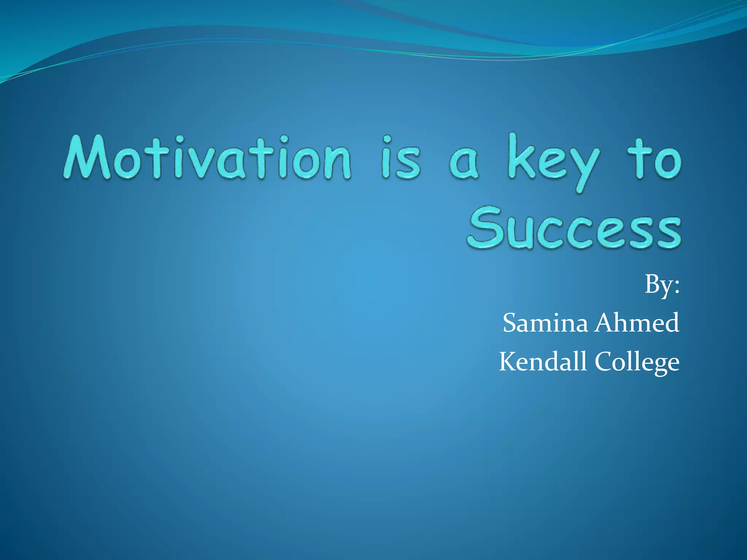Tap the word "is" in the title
pos(401,160)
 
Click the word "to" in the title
pos(654,160)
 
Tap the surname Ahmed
pos(636,323)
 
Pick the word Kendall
pos(543,362)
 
